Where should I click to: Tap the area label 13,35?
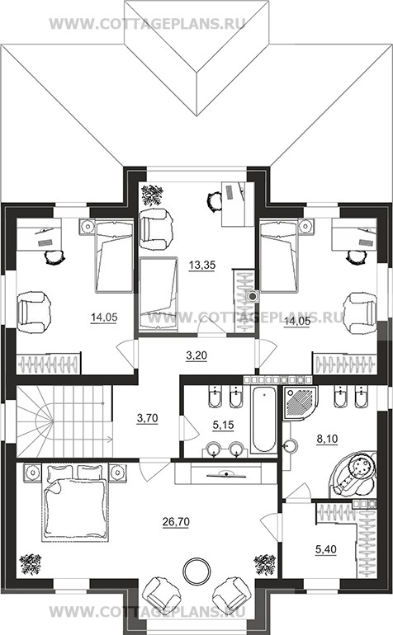[202, 266]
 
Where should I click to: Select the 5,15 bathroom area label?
[224, 425]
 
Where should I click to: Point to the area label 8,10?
[328, 439]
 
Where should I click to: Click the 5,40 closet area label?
[325, 549]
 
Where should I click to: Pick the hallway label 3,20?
[196, 355]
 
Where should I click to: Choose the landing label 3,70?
[147, 418]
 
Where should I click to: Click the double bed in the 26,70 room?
[75, 502]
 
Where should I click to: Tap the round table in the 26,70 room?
[196, 571]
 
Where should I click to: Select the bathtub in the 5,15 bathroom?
[263, 420]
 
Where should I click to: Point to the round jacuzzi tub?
[353, 475]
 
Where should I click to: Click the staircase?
[64, 421]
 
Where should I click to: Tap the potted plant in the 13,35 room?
[152, 195]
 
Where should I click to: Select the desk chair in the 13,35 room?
[214, 201]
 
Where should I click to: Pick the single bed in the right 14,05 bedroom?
[278, 255]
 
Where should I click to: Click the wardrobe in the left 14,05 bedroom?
[48, 363]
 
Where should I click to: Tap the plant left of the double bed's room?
[31, 564]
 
